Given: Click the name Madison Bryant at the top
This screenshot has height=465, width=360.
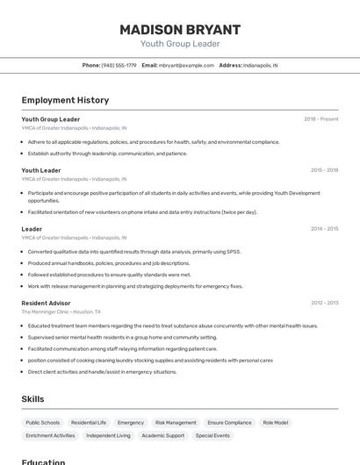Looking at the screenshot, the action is [180, 29].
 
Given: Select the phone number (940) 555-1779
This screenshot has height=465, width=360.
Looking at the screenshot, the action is [119, 65].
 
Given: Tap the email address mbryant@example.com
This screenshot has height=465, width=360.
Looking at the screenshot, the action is [186, 65].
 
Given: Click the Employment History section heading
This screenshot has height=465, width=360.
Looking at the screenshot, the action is [65, 101].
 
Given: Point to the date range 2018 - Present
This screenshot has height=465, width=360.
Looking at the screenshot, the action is [320, 119].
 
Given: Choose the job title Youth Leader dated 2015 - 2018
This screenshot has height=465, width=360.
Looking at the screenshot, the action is [41, 170].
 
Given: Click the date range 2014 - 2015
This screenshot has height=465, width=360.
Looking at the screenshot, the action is [324, 229].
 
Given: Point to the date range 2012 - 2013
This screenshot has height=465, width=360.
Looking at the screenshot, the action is [324, 303].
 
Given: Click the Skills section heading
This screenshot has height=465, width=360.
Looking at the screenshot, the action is [33, 399].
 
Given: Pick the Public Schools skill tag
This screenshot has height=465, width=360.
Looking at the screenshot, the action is [43, 422].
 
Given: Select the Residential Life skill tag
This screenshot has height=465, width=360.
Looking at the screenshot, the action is [89, 422].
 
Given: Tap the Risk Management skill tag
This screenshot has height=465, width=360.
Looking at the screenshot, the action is [176, 422].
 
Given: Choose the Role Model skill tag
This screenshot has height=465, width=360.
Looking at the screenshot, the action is [275, 422].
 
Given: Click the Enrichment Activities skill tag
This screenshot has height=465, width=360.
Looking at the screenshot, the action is [50, 435].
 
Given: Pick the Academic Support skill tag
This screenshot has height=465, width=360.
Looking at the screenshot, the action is [163, 435].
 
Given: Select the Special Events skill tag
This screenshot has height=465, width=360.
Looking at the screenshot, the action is [212, 435].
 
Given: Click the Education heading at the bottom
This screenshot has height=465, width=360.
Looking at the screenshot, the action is [43, 461].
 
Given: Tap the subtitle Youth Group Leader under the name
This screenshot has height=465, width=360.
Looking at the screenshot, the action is [180, 44].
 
